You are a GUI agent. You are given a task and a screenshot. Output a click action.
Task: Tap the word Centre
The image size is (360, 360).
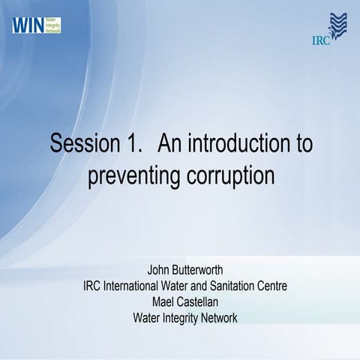[x=271, y=286]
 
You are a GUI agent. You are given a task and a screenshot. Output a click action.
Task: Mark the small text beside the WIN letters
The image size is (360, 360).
[x=52, y=25]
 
